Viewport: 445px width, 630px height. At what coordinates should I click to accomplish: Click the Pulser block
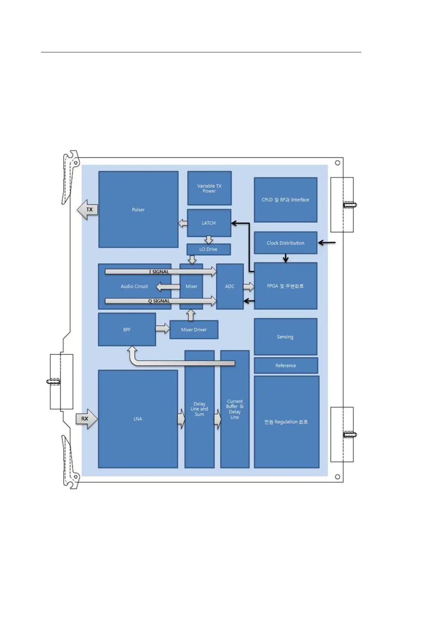coord(138,210)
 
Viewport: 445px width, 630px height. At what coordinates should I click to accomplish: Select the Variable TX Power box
coord(209,188)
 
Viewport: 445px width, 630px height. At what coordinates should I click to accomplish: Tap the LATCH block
coord(209,223)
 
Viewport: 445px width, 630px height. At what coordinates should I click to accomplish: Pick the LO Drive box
coord(208,249)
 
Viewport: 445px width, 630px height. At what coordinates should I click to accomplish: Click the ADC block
coord(230,286)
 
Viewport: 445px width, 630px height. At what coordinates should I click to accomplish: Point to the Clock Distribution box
coord(285,243)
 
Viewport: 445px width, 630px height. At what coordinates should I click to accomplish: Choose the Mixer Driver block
coord(194,330)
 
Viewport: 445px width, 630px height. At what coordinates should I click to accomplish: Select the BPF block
coord(127,330)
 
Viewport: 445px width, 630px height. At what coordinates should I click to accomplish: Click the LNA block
coord(137,419)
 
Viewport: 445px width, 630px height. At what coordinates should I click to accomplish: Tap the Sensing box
coord(285,337)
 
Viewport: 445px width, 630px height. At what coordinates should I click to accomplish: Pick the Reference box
coord(285,366)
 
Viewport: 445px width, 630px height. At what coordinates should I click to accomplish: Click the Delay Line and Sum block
coord(200,409)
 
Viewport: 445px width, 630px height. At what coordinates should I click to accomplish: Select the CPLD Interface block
coord(285,200)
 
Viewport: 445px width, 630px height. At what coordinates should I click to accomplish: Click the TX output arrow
coord(87,210)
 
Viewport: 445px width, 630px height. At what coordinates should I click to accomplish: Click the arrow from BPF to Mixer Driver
coord(163,329)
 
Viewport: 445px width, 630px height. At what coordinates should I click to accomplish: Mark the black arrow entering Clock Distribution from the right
coord(327,243)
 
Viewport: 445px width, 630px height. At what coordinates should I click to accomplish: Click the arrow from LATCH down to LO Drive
coord(209,240)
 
